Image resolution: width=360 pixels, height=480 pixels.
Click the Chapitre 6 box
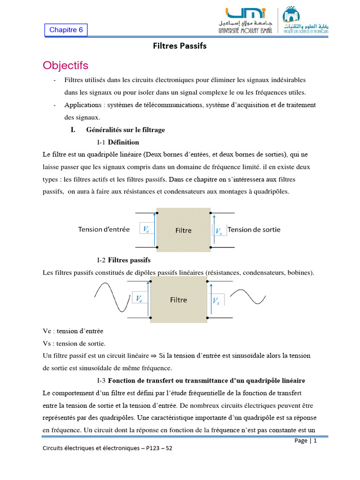(x=66, y=30)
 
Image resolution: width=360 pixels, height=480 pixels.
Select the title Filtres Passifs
(x=180, y=46)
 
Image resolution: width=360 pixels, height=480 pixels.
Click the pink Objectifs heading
(x=65, y=65)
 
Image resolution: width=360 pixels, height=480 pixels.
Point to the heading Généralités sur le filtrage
(x=125, y=129)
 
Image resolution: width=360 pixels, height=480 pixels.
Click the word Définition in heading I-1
(x=124, y=142)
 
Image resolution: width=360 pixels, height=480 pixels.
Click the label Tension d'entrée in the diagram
(x=104, y=230)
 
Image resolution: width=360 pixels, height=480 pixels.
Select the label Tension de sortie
(x=254, y=230)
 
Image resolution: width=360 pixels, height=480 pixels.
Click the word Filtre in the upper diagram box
(x=183, y=230)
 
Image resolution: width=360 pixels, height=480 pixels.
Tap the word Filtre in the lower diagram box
(x=178, y=300)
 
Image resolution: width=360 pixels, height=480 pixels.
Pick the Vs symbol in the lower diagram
(x=217, y=301)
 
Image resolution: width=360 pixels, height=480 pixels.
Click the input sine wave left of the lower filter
(x=112, y=299)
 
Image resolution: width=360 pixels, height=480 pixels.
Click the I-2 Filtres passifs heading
(x=124, y=260)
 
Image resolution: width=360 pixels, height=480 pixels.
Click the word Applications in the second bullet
(x=82, y=105)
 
